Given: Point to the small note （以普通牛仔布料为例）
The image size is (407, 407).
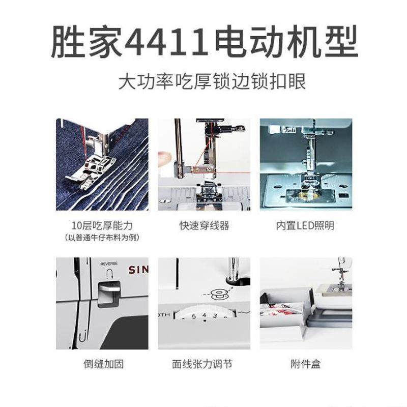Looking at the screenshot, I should pyautogui.click(x=102, y=238).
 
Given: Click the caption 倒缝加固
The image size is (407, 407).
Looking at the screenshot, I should pyautogui.click(x=102, y=364).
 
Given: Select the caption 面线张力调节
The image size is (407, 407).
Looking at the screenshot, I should pyautogui.click(x=203, y=364).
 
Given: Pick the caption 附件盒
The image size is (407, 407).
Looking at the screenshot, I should pyautogui.click(x=305, y=364).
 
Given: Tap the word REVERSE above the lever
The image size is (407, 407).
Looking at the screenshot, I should pyautogui.click(x=109, y=264).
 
